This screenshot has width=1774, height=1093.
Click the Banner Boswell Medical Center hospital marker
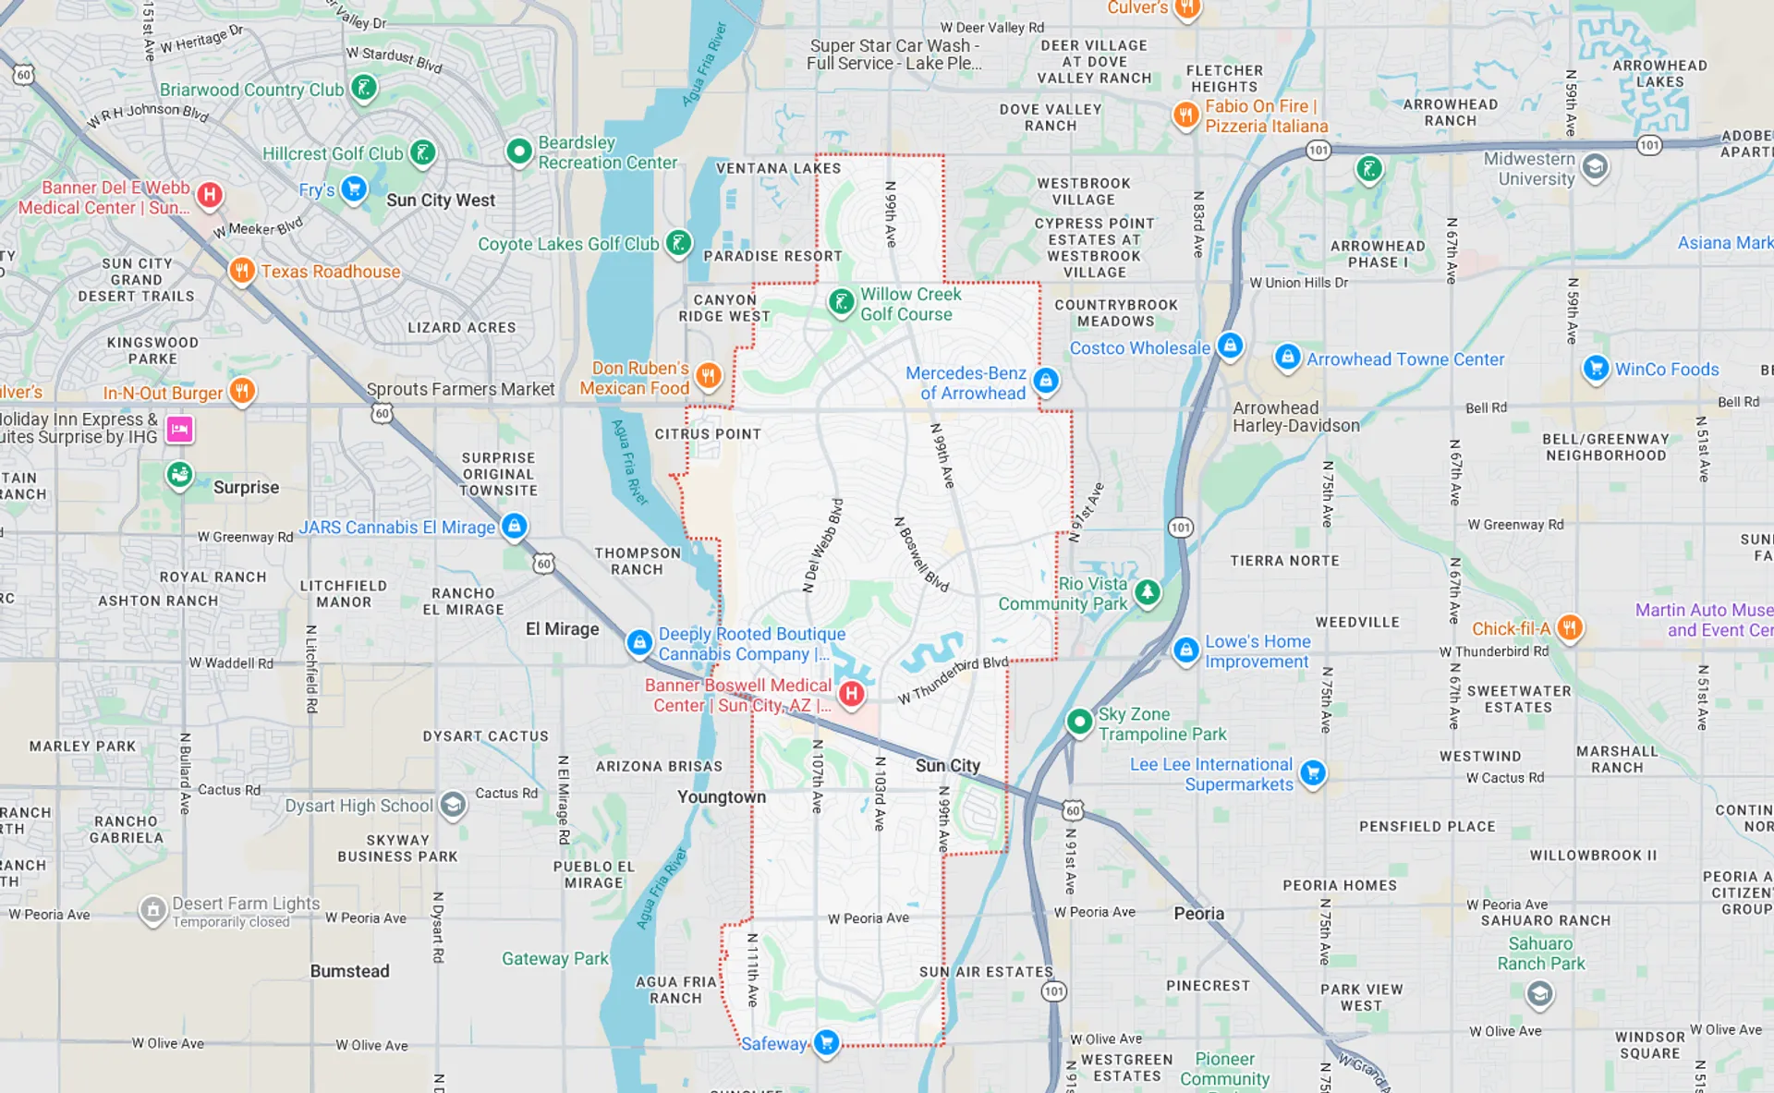[x=851, y=693]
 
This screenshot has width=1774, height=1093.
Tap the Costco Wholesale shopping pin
[x=1230, y=346]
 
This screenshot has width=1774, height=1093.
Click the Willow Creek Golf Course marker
[x=841, y=301]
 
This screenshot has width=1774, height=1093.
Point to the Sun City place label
[x=947, y=765]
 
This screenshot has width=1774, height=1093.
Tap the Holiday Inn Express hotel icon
[x=179, y=429]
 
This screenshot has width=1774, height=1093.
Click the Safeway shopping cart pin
[x=826, y=1042]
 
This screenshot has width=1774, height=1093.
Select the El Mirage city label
[x=562, y=629]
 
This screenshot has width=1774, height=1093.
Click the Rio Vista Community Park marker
[x=1147, y=591]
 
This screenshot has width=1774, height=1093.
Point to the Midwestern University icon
[x=1595, y=167]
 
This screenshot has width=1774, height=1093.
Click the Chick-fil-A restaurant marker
[x=1569, y=627]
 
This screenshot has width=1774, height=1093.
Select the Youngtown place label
[x=721, y=796]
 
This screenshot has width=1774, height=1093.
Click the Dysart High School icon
[x=453, y=805]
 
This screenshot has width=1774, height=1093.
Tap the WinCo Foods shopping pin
[x=1595, y=368]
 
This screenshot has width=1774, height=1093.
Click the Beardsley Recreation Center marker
[x=519, y=150]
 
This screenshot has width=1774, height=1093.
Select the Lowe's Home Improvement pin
[x=1185, y=650]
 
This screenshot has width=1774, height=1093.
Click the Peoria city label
[x=1198, y=913]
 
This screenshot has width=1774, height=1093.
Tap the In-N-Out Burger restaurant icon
[x=241, y=391]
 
